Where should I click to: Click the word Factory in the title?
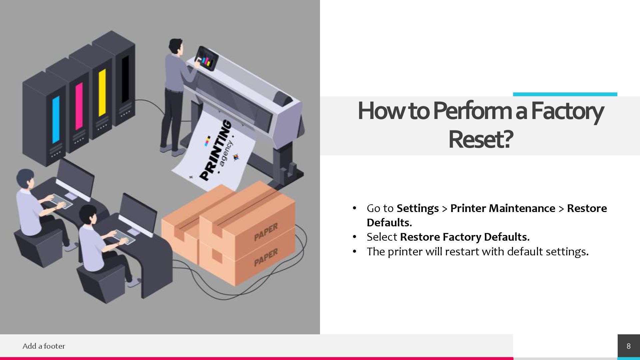(567, 111)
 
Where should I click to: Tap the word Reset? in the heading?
(480, 139)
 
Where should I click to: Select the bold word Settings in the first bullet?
(417, 208)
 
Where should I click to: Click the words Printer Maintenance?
(503, 208)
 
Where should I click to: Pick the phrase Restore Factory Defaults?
(465, 237)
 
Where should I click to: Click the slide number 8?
(628, 346)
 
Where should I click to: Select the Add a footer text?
(44, 346)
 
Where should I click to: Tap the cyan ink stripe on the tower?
(56, 119)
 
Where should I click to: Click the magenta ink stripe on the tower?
(79, 106)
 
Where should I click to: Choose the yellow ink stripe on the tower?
(102, 92)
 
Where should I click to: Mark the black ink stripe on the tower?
(125, 79)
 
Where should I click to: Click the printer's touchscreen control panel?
(206, 58)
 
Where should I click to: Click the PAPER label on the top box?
(266, 232)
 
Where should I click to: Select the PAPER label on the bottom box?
(266, 258)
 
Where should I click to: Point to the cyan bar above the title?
(565, 94)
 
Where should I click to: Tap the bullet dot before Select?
(354, 237)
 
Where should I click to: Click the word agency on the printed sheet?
(227, 153)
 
